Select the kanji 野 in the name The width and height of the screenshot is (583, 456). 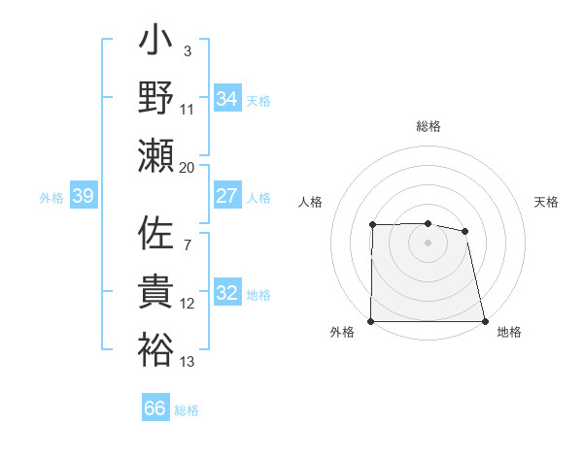pyautogui.click(x=156, y=100)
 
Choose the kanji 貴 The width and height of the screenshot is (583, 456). pyautogui.click(x=156, y=292)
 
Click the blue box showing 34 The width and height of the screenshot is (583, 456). pyautogui.click(x=227, y=98)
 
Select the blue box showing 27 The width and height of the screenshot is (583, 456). pyautogui.click(x=227, y=196)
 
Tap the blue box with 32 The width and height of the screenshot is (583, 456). pyautogui.click(x=227, y=293)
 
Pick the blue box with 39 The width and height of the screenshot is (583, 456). pyautogui.click(x=83, y=196)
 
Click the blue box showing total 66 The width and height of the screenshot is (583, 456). pyautogui.click(x=155, y=408)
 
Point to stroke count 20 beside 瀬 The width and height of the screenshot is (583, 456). pyautogui.click(x=188, y=167)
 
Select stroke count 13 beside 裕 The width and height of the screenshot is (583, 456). pyautogui.click(x=188, y=362)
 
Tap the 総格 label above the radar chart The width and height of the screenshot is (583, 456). pyautogui.click(x=429, y=126)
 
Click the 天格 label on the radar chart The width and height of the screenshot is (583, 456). pyautogui.click(x=547, y=202)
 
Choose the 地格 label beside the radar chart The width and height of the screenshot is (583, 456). pyautogui.click(x=509, y=332)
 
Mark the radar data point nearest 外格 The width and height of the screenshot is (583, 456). pyautogui.click(x=371, y=321)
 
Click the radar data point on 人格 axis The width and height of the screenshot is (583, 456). pyautogui.click(x=373, y=225)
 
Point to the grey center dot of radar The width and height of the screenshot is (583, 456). pyautogui.click(x=429, y=243)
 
